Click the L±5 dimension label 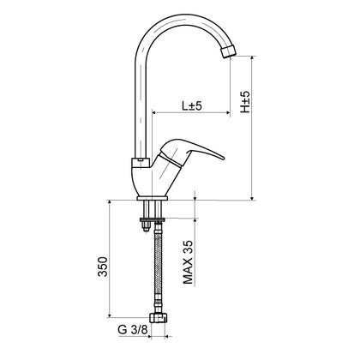[x=192, y=105]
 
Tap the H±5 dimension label [x=245, y=102]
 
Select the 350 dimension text [x=103, y=267]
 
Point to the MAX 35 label [x=188, y=262]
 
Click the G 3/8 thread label [x=133, y=330]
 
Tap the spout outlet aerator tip [x=229, y=52]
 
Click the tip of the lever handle [x=223, y=158]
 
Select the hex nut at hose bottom [x=159, y=317]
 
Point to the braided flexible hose [x=158, y=264]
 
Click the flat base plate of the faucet [x=152, y=198]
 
